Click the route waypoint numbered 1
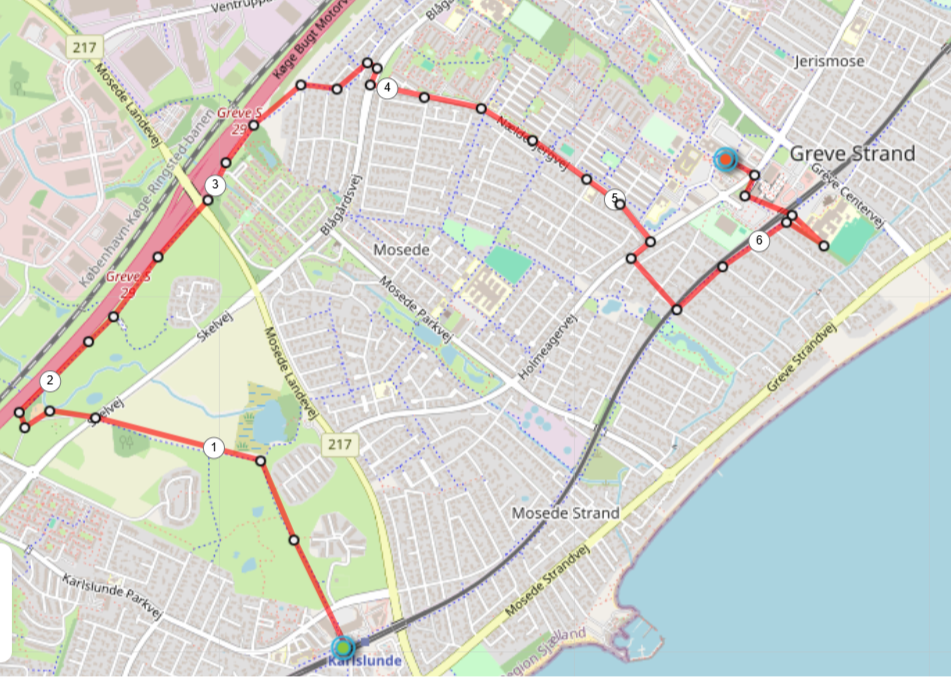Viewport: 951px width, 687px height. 213,447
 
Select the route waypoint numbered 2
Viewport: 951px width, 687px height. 49,380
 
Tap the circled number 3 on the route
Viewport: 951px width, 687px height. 213,185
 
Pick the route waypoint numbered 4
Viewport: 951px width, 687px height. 387,89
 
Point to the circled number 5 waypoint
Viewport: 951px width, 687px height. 614,199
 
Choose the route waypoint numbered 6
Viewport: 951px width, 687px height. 759,240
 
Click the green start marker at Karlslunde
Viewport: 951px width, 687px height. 344,647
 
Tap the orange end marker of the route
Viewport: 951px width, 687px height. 725,158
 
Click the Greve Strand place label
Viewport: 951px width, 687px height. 852,153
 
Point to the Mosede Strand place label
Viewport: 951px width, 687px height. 565,513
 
